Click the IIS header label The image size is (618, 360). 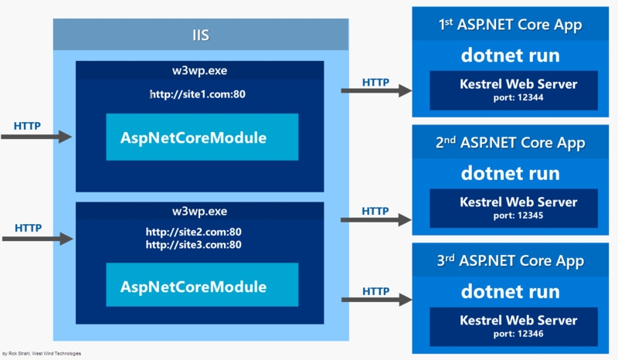tap(200, 35)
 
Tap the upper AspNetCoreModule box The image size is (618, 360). tap(202, 138)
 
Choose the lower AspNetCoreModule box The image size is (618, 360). tap(202, 287)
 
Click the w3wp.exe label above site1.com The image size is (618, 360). tap(200, 70)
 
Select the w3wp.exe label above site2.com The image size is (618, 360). tap(200, 211)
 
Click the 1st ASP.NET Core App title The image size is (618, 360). tap(510, 25)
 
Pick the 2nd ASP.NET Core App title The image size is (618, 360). tap(510, 143)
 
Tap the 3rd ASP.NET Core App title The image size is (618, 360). tap(510, 261)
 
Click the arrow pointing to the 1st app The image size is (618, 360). tap(376, 90)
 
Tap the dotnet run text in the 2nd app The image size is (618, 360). tap(511, 173)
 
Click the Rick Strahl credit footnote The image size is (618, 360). tap(42, 354)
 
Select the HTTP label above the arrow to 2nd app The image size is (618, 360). tap(375, 210)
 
